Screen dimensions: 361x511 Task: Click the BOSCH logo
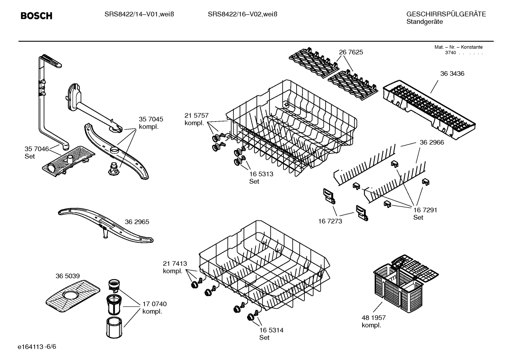(x=36, y=16)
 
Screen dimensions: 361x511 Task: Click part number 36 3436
(x=452, y=74)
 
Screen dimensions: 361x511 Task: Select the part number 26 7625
(x=351, y=52)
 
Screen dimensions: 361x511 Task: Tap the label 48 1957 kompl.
(x=374, y=321)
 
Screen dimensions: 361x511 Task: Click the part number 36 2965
(x=137, y=222)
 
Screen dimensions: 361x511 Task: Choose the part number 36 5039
(x=67, y=276)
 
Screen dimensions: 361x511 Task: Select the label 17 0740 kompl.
(x=154, y=308)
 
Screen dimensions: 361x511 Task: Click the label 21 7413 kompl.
(x=175, y=267)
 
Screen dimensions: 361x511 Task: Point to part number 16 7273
(x=330, y=221)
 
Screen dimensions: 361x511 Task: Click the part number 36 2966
(x=432, y=142)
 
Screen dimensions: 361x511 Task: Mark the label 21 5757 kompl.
(x=196, y=119)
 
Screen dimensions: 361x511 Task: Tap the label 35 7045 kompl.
(x=151, y=123)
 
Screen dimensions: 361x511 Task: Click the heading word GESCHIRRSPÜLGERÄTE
(x=446, y=14)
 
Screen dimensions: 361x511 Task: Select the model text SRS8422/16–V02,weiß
(x=242, y=14)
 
